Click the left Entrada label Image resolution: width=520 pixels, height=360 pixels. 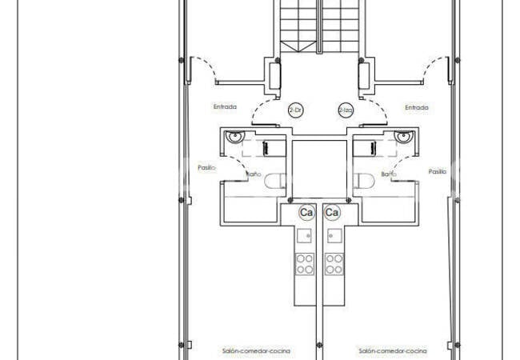click(225, 107)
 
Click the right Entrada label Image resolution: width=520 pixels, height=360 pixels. click(416, 107)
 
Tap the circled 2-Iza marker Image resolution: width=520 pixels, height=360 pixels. click(345, 110)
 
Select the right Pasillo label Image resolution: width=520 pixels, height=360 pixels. click(437, 171)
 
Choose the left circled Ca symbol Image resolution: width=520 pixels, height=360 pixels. click(306, 213)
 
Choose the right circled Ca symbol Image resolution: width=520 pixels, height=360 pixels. click(333, 213)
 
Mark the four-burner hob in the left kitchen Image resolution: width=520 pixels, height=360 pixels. click(305, 263)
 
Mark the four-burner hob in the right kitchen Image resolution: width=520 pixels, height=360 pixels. click(334, 263)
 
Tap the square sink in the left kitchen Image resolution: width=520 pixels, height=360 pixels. click(305, 235)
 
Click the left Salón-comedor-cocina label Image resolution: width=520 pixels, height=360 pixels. click(256, 350)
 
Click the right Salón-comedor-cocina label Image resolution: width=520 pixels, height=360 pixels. click(392, 350)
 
